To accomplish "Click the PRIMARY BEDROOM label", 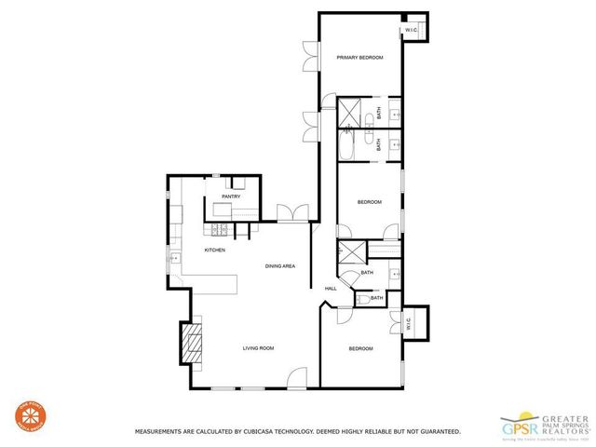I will [359, 58].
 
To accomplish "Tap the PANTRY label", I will [231, 196].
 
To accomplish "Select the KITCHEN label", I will [215, 250].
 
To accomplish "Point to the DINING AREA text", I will [279, 266].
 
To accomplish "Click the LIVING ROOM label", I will [258, 348].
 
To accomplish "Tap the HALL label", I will [331, 289].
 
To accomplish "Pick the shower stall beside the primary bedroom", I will [351, 112].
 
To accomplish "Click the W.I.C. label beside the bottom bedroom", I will [407, 324].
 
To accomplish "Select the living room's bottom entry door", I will [296, 378].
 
